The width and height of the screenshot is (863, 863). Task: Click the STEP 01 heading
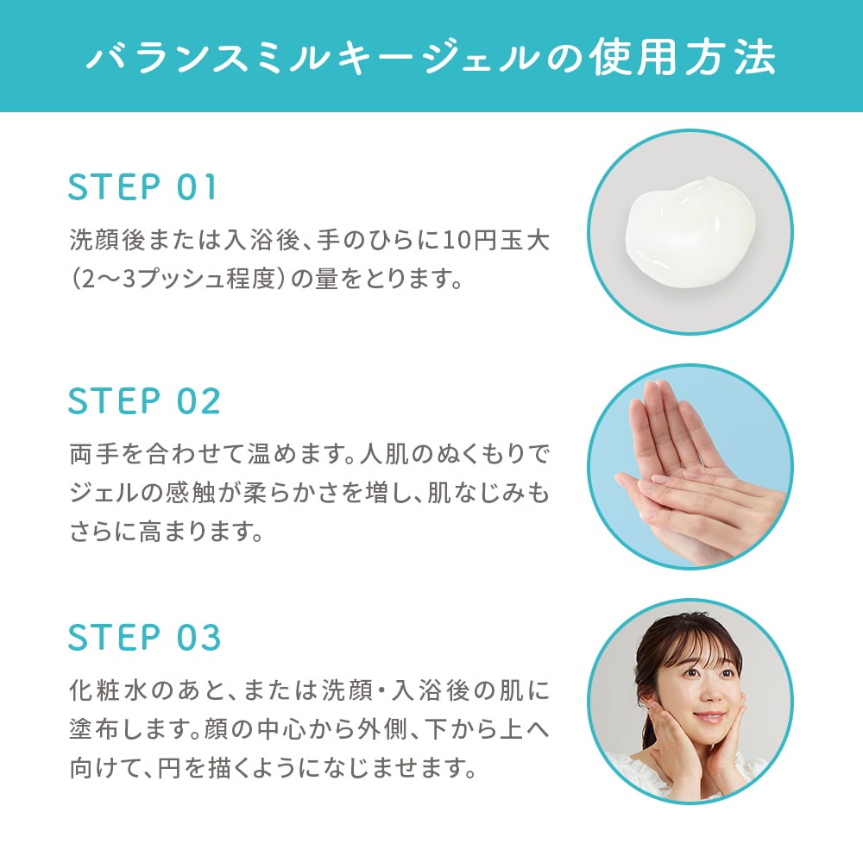click(x=142, y=187)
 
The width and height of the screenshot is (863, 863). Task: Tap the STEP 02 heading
click(x=144, y=400)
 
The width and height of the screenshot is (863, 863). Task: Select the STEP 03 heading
click(x=144, y=637)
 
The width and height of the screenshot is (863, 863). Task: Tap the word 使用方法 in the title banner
click(x=682, y=57)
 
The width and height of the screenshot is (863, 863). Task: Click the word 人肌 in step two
click(x=384, y=454)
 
